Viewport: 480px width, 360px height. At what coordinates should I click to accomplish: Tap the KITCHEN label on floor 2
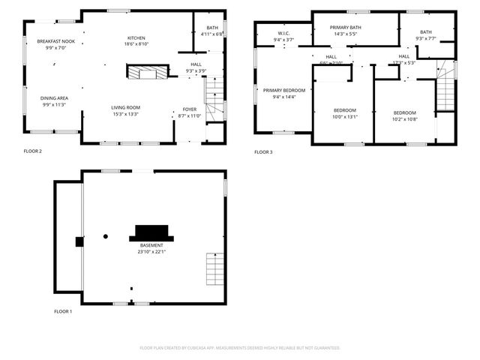click(136, 37)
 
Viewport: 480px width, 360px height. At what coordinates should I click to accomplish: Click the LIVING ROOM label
click(126, 107)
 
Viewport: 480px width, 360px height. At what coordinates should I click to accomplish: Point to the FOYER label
click(190, 109)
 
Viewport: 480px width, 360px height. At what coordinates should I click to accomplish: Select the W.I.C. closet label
click(283, 33)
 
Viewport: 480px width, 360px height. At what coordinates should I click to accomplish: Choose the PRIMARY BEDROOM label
click(283, 90)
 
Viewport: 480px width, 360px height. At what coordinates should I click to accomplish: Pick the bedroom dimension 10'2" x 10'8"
click(404, 118)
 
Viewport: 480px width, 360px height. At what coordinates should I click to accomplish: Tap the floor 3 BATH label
click(426, 32)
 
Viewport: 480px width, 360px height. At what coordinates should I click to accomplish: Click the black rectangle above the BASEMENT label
click(152, 232)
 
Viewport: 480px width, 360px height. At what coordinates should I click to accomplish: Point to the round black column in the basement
click(106, 237)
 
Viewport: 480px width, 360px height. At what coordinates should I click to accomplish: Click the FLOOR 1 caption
click(63, 311)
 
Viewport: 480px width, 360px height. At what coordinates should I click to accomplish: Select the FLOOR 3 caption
click(262, 152)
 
